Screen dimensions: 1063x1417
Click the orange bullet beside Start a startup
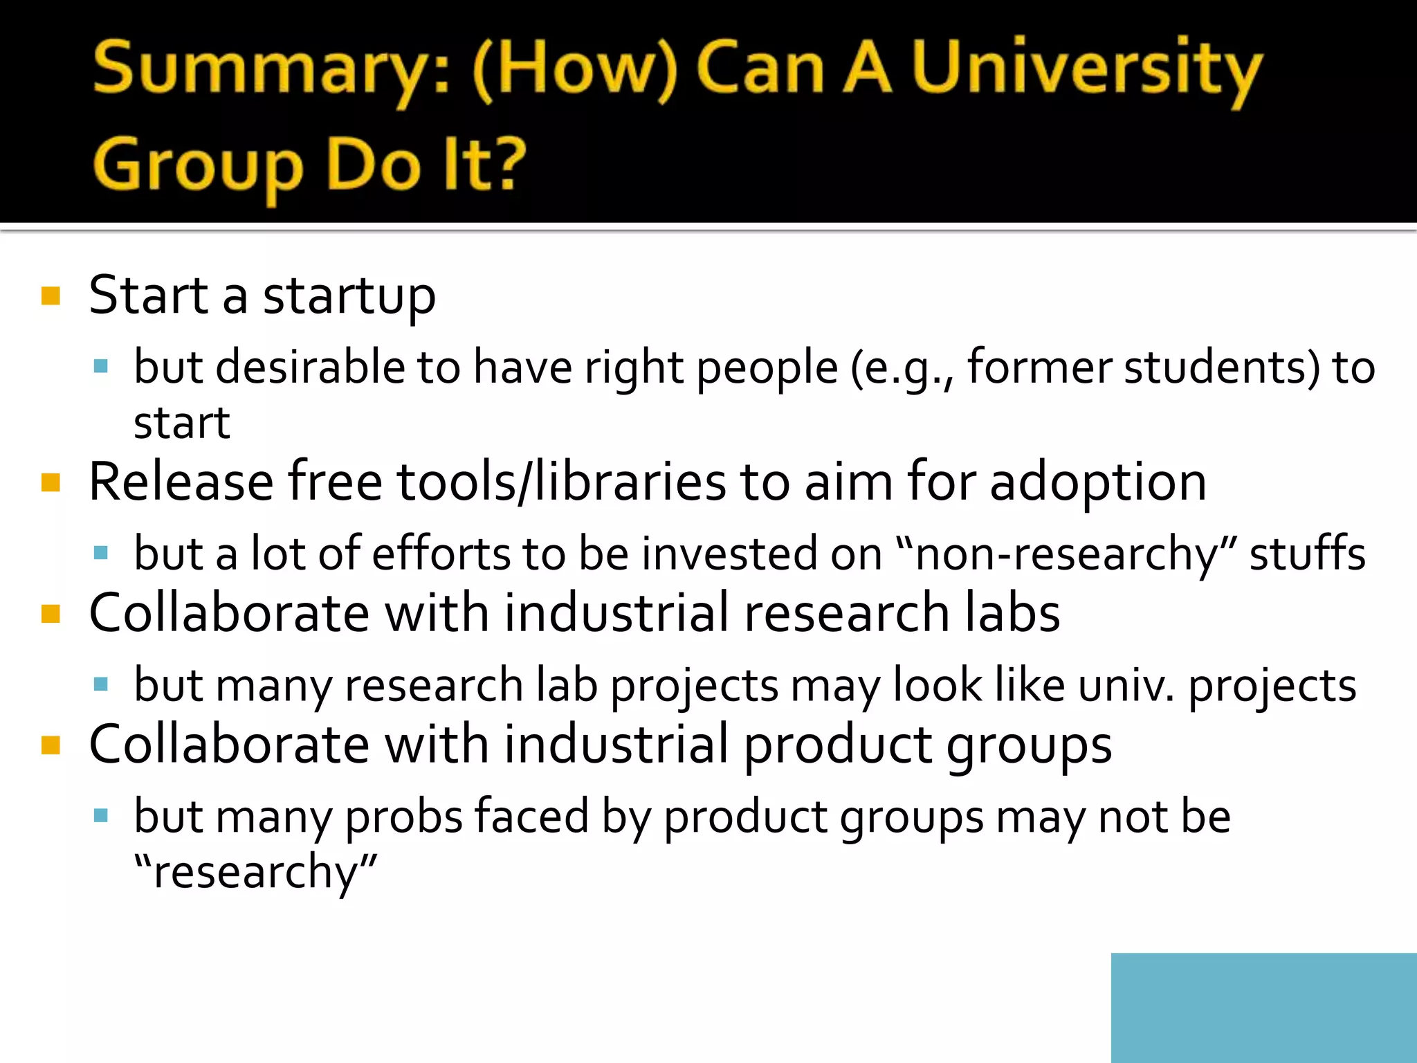point(51,296)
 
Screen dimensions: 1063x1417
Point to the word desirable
point(310,367)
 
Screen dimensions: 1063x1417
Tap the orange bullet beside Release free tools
point(51,482)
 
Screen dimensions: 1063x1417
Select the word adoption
point(1098,483)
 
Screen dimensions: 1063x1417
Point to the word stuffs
point(1307,554)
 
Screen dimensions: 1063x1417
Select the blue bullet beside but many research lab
point(101,684)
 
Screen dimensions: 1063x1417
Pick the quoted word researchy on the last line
point(255,872)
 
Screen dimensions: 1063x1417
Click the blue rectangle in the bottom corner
point(1263,1008)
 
